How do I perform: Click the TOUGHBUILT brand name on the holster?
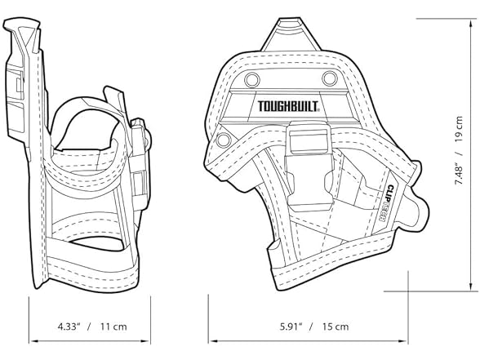[x=289, y=106]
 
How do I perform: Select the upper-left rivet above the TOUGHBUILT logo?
[x=251, y=78]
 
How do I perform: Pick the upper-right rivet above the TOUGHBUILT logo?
[x=329, y=78]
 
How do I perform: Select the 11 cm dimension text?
[x=113, y=327]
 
